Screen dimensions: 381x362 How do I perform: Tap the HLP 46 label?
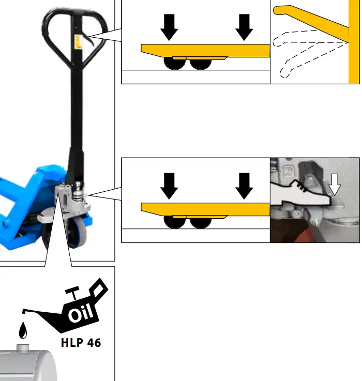(81, 343)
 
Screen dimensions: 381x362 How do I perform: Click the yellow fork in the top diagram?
(207, 50)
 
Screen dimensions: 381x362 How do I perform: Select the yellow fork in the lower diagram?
(207, 208)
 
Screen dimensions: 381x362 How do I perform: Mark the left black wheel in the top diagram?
(175, 64)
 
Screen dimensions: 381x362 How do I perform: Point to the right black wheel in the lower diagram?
(201, 222)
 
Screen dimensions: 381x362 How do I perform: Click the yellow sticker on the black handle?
(79, 41)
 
